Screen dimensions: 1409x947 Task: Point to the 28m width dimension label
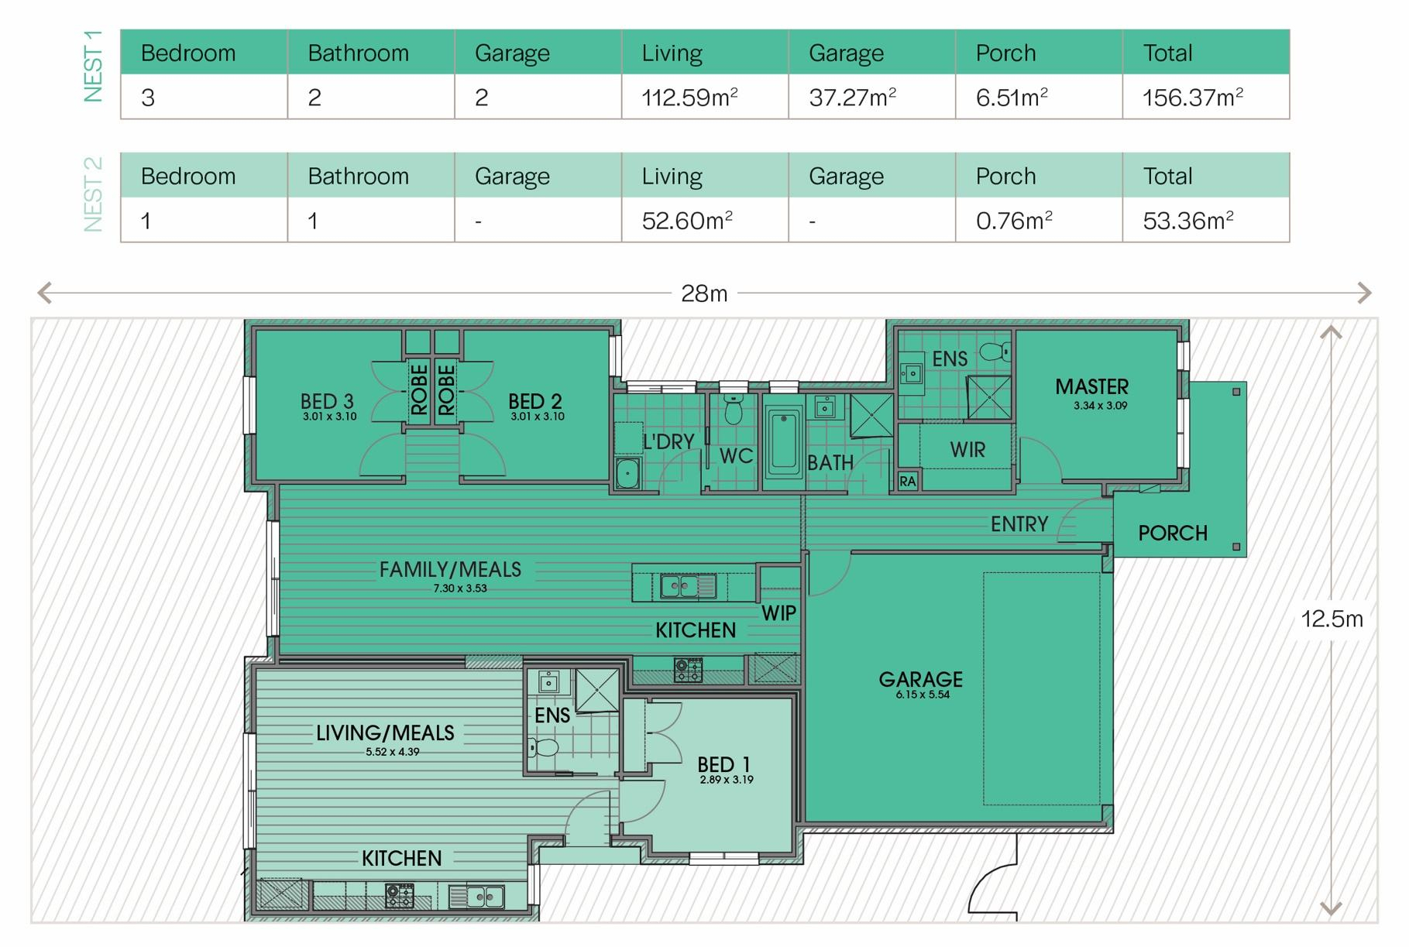pos(704,293)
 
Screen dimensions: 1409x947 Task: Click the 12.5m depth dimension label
pos(1332,619)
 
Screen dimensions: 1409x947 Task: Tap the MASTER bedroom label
pos(1091,386)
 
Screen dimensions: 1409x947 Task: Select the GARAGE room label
pos(920,679)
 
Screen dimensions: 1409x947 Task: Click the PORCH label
pos(1173,533)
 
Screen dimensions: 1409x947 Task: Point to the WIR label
pos(967,450)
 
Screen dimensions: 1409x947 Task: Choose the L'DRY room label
pos(668,441)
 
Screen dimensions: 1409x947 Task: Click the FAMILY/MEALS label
pos(450,570)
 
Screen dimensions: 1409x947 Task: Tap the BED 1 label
pos(723,764)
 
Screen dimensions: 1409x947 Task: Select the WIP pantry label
pos(778,613)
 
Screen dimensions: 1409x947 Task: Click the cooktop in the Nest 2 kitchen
pos(400,896)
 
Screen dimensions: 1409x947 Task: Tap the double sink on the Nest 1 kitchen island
pos(688,587)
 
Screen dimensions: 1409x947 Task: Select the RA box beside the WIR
pos(908,481)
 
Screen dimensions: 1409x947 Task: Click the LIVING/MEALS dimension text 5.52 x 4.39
pos(393,751)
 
